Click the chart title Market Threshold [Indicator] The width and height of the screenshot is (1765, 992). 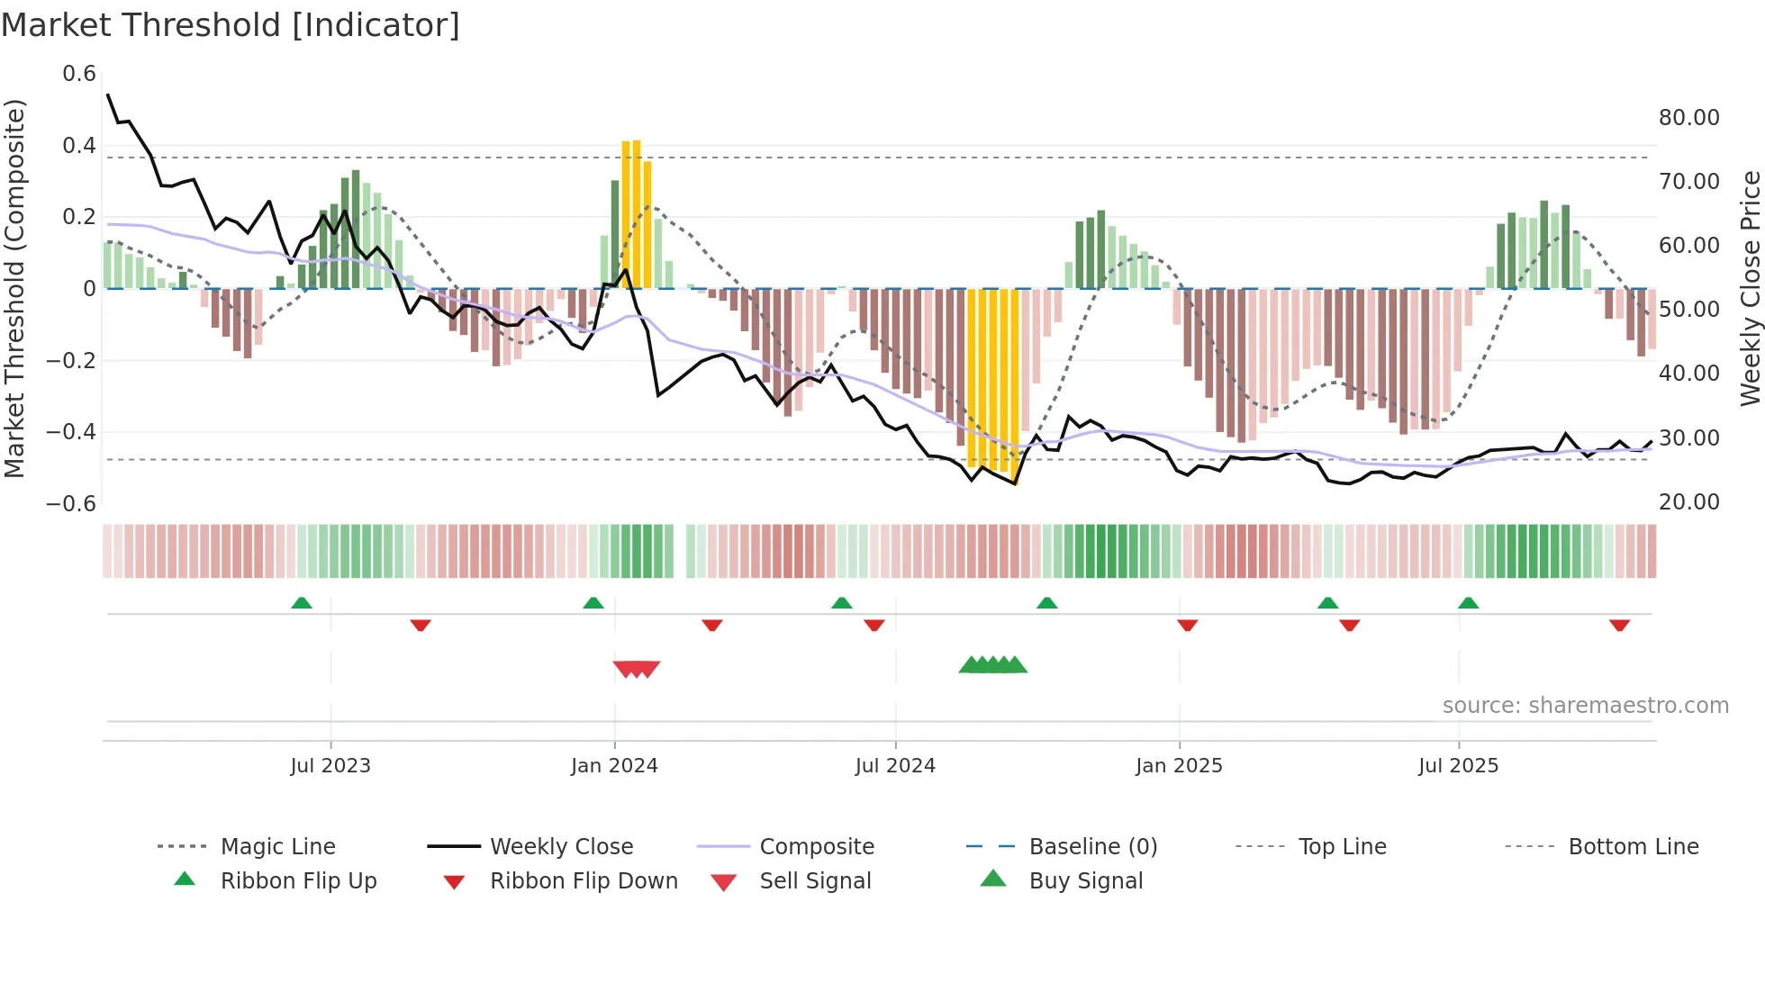tap(231, 25)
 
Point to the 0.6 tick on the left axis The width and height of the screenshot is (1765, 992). tap(79, 74)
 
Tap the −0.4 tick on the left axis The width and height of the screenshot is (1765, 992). tap(71, 432)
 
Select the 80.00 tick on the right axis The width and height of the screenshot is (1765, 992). tap(1688, 118)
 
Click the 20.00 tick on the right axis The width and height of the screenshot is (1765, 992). tap(1688, 502)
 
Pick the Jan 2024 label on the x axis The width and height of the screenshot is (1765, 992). tap(614, 766)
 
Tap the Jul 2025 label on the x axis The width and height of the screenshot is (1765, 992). tap(1458, 766)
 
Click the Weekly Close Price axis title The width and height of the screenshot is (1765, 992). tap(1750, 288)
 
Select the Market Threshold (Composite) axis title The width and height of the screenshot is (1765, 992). tap(14, 288)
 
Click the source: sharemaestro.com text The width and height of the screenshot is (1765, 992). tap(1585, 706)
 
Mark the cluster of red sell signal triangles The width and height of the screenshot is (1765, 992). tap(637, 669)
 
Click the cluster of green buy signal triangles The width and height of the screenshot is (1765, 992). tap(992, 665)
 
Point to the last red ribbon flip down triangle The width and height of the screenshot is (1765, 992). tap(1619, 625)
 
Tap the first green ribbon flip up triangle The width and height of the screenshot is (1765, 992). tap(302, 603)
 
